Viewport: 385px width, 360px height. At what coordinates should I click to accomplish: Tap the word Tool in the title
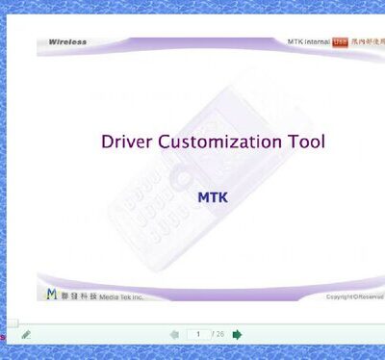(x=307, y=141)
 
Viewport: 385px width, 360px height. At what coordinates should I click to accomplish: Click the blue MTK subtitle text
(x=212, y=196)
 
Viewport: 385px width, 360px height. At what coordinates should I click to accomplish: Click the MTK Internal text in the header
(x=308, y=41)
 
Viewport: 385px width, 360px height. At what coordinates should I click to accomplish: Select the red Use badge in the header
(x=340, y=41)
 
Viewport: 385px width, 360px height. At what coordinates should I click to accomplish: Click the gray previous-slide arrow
(x=174, y=334)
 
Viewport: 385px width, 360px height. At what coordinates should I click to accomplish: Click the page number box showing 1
(x=198, y=334)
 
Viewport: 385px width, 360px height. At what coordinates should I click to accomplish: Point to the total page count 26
(x=220, y=334)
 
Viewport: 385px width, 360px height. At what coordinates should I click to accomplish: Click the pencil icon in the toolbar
(x=26, y=335)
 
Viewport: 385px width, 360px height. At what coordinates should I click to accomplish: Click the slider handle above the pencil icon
(x=13, y=323)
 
